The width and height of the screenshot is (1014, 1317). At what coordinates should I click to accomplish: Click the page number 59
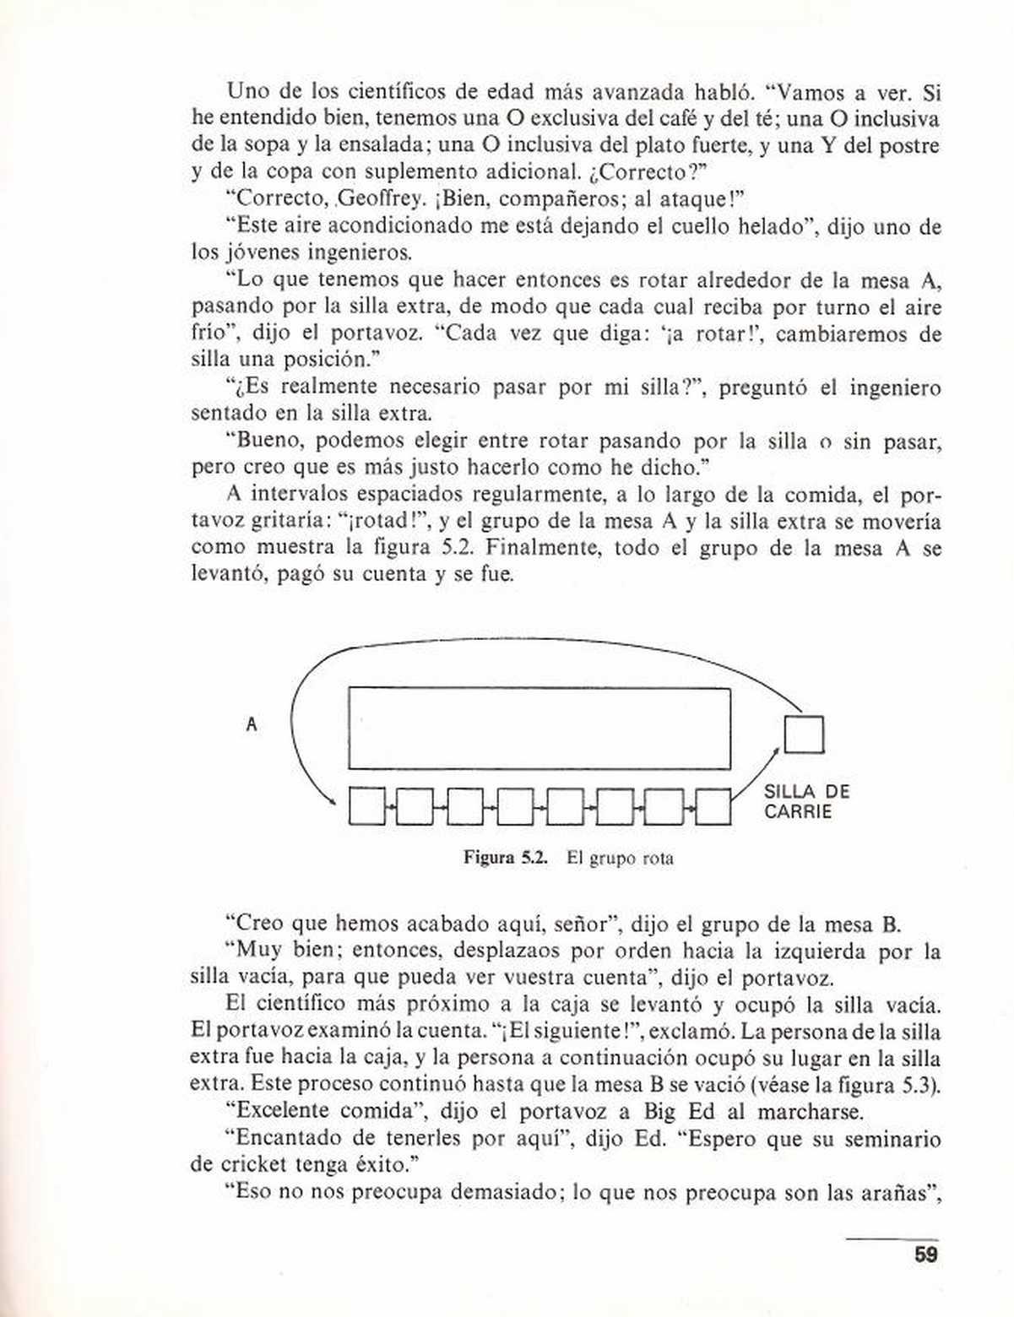925,1255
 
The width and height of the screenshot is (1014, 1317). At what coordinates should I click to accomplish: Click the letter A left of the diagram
251,724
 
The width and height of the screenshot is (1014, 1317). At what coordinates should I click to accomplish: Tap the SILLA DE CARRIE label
806,802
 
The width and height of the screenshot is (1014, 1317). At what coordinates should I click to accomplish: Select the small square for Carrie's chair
804,734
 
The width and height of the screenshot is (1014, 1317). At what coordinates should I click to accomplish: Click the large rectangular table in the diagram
540,729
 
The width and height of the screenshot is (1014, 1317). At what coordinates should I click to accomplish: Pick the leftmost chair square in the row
366,807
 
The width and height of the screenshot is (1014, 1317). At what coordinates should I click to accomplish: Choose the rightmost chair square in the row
713,807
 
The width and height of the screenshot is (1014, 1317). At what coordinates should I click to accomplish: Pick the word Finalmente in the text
544,548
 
